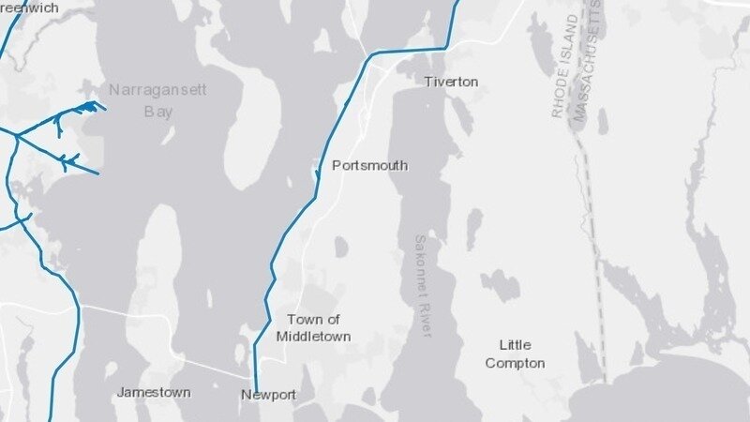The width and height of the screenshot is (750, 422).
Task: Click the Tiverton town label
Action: click(x=451, y=83)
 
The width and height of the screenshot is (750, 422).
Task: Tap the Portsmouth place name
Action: click(x=370, y=166)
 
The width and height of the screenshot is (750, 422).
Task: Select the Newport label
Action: click(x=268, y=396)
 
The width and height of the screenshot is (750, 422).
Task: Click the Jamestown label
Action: click(x=155, y=392)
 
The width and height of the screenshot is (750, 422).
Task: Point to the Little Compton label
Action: click(x=522, y=354)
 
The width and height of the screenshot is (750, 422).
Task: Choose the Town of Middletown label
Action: click(x=314, y=327)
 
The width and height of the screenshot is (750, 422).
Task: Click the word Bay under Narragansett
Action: click(x=158, y=111)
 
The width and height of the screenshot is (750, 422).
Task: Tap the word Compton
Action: click(x=522, y=363)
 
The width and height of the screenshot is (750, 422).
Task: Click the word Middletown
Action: click(x=314, y=336)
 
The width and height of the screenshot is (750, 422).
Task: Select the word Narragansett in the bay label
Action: click(x=157, y=90)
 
